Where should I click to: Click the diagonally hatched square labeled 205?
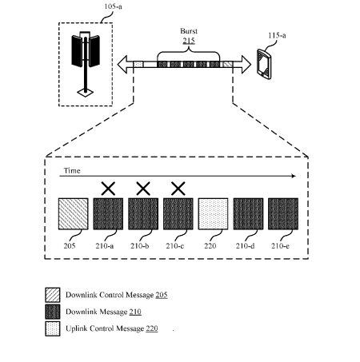tap(74, 213)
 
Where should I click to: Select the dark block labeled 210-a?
tap(108, 213)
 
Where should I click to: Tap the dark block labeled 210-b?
tap(143, 213)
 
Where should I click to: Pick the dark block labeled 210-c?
tap(178, 213)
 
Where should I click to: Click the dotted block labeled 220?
tap(213, 213)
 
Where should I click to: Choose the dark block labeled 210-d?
tap(248, 213)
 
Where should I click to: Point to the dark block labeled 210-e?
tap(283, 213)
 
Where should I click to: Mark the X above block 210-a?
tap(108, 189)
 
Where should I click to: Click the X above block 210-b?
tap(143, 189)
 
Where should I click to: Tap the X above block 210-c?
tap(178, 189)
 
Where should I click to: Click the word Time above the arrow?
tap(72, 170)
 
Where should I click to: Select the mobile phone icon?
tap(264, 64)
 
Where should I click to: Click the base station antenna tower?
tap(86, 64)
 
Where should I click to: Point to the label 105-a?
tap(113, 6)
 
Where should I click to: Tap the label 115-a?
tap(277, 35)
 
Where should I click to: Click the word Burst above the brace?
tap(189, 31)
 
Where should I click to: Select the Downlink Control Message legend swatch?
tap(53, 295)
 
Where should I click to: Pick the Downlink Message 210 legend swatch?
tap(53, 312)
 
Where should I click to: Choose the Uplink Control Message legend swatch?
tap(53, 328)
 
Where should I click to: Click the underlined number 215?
tap(189, 41)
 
